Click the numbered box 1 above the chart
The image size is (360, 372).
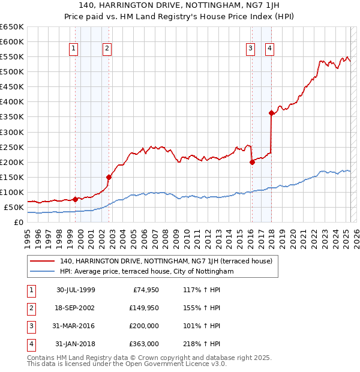pos(73,49)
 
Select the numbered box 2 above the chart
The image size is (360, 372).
pos(107,49)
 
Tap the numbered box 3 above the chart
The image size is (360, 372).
pos(250,49)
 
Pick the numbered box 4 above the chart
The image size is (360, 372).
pos(270,49)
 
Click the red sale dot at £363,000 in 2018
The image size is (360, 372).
pos(271,113)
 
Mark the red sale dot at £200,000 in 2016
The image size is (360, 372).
pos(252,162)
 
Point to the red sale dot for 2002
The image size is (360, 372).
pos(109,177)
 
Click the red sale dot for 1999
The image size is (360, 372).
pos(75,199)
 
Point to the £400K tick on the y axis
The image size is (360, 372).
pos(12,102)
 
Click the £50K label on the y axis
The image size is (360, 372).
pos(13,207)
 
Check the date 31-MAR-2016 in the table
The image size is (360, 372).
pos(76,326)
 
